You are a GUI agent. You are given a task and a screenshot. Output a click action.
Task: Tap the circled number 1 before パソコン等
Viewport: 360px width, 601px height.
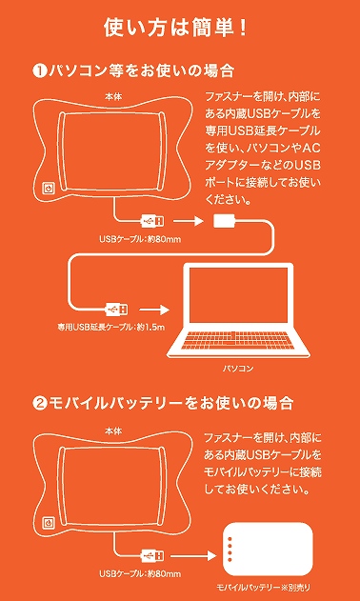tap(40, 71)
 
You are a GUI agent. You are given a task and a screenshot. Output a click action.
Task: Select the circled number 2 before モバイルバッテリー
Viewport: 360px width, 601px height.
tap(40, 404)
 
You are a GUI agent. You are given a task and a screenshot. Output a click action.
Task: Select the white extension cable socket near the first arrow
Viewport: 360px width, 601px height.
tap(225, 221)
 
